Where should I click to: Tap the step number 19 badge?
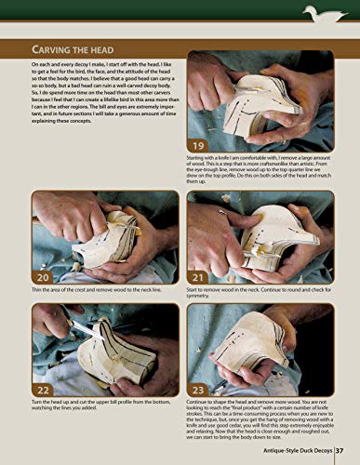click(199, 145)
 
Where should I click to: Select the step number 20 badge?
click(42, 277)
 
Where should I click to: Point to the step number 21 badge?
click(199, 277)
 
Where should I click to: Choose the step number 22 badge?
click(42, 388)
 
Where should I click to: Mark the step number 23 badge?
click(199, 388)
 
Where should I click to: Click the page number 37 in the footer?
click(340, 453)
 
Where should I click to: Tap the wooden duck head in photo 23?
click(256, 349)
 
